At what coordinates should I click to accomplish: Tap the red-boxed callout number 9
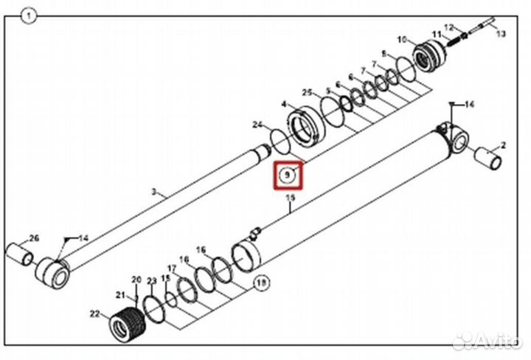288,176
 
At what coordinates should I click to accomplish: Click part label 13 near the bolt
502,35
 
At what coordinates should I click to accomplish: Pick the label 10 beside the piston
402,39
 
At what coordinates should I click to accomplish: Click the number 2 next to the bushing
504,145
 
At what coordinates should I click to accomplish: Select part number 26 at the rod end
33,238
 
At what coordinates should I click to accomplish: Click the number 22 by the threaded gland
94,314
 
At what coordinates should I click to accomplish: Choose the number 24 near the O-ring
257,124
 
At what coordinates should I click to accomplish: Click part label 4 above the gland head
283,105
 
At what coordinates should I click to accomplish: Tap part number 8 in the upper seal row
383,54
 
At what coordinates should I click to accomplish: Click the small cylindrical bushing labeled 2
488,159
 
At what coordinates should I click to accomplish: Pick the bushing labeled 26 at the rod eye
20,254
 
